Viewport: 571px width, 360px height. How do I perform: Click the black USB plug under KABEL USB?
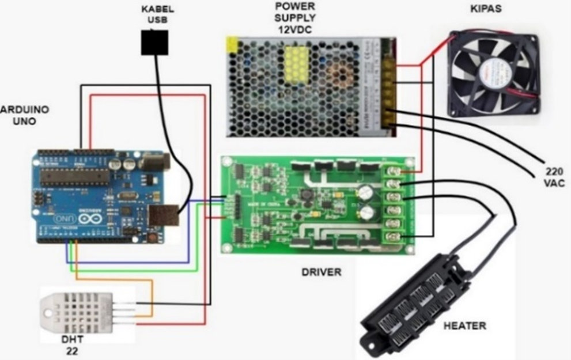(154, 42)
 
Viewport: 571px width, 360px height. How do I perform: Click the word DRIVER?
(321, 271)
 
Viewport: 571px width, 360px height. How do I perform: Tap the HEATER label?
(464, 326)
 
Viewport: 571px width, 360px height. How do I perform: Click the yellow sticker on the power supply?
(232, 44)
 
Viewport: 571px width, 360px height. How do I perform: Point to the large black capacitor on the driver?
(367, 192)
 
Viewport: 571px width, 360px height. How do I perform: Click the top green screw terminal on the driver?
(395, 171)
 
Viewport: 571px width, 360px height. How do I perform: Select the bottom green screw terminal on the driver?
(395, 237)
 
